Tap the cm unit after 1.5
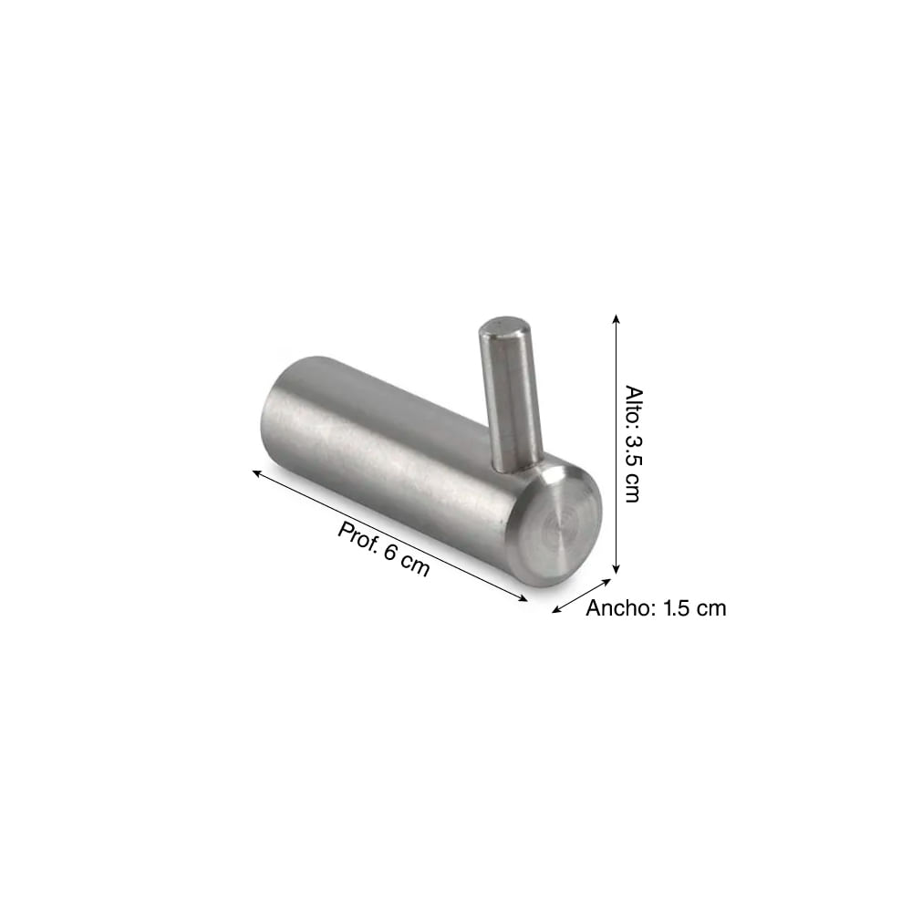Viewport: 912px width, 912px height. (x=711, y=608)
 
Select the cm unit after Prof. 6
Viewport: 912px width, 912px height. (x=415, y=566)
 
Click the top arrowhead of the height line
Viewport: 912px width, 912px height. (x=617, y=319)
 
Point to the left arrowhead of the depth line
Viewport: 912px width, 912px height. (x=257, y=472)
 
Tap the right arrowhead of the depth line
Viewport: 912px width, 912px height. (x=523, y=598)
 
